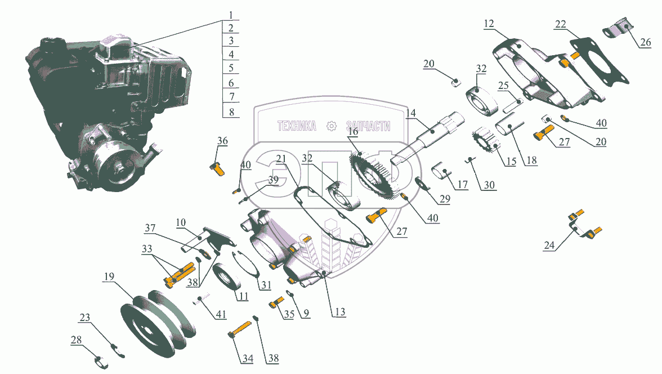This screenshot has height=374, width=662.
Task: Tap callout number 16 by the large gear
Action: [x=352, y=131]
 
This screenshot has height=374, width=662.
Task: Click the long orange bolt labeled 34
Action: [x=240, y=330]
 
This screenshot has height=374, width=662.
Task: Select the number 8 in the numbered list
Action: [x=231, y=112]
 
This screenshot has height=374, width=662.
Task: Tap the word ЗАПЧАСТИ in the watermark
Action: [x=368, y=126]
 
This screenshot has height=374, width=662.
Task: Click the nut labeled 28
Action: [x=98, y=360]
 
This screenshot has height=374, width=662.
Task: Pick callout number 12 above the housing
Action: [x=489, y=24]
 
